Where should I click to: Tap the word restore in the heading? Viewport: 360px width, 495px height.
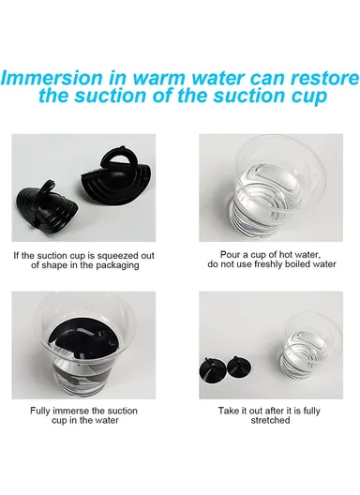325,79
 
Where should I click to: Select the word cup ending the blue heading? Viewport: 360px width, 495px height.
308,97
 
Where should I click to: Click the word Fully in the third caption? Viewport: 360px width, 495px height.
39,412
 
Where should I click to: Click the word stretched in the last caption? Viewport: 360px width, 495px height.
270,420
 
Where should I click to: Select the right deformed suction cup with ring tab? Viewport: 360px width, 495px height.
118,181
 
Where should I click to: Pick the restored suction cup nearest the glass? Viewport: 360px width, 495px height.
240,367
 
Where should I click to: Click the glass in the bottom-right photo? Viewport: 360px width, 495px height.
311,346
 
